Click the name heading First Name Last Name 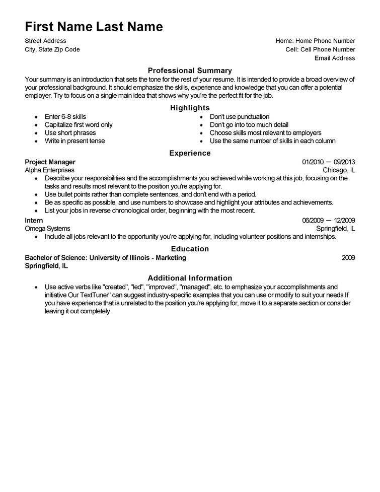click(94, 27)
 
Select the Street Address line click(45, 41)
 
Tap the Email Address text click(335, 58)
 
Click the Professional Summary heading click(190, 71)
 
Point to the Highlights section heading click(190, 108)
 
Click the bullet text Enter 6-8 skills click(65, 117)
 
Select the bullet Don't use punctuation click(240, 117)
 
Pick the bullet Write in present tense click(74, 141)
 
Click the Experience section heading click(190, 153)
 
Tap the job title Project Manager click(50, 162)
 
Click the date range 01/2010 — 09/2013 click(329, 162)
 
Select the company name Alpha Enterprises click(49, 170)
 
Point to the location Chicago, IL click(339, 170)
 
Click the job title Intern click(34, 221)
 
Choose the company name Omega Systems click(47, 229)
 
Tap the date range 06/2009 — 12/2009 click(329, 221)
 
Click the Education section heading click(190, 249)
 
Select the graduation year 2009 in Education click(348, 258)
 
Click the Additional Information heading click(190, 278)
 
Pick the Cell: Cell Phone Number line click(320, 49)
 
